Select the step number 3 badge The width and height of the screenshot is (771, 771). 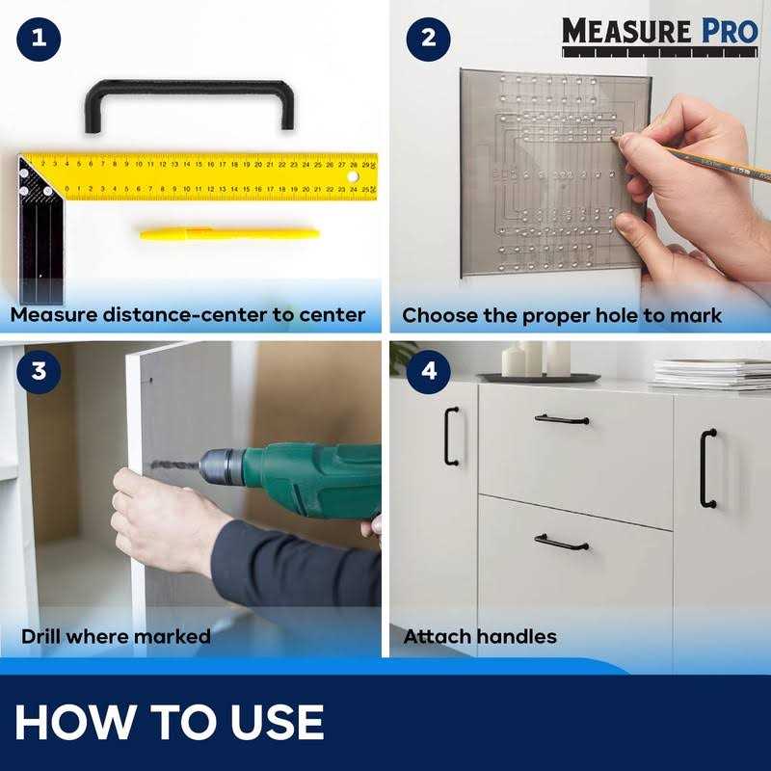coord(39,371)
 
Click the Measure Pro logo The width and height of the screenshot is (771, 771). coord(660,31)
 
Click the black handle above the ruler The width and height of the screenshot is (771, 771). coord(188,90)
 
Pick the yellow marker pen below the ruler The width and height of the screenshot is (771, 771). coord(228,233)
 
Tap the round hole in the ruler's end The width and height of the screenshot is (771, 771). coord(354,177)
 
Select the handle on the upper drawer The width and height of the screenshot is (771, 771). coord(562,419)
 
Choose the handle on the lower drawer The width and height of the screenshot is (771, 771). coord(562,542)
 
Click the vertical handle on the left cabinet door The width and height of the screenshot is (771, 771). coord(450,436)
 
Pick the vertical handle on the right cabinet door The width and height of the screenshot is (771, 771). coord(707,468)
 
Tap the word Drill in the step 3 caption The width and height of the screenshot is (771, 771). coord(46,636)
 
